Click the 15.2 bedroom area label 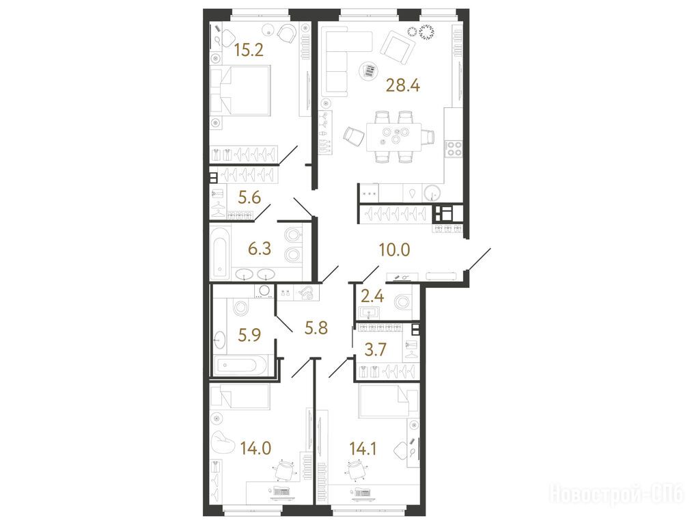[249, 50]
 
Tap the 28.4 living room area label [403, 84]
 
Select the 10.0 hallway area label [394, 250]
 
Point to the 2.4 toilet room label [373, 295]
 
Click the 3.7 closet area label [375, 349]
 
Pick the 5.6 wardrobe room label [249, 197]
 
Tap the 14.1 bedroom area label [363, 449]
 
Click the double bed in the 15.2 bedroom [240, 91]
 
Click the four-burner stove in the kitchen [454, 148]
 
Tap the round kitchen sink [432, 193]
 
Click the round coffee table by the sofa [368, 71]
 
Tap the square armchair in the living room [398, 47]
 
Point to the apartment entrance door [479, 258]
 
